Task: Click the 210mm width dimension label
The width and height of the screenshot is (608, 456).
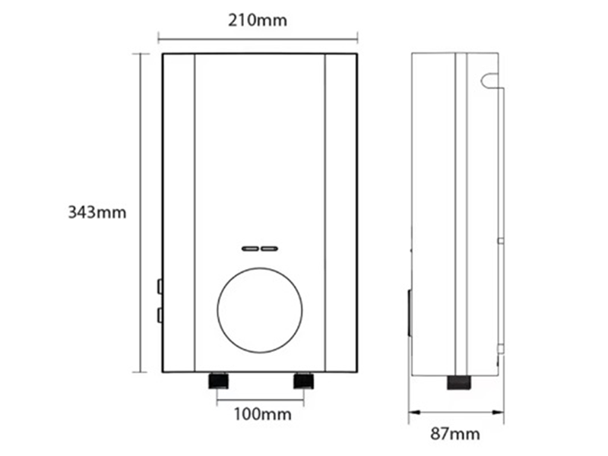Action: pos(258,20)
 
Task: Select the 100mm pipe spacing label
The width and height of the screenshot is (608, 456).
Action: pos(261,414)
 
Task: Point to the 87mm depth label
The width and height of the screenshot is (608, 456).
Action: pos(454,434)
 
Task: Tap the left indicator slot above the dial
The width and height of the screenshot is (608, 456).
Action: pos(250,249)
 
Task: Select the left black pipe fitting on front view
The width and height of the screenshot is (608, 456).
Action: pos(219,378)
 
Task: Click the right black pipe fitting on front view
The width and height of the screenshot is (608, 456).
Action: pos(303,378)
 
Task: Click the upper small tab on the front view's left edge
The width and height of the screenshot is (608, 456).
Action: pos(159,286)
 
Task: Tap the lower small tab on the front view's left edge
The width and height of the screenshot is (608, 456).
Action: pos(159,314)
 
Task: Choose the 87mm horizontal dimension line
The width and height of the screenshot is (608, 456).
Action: pos(456,414)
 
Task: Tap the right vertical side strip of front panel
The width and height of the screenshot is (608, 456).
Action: pos(340,213)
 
